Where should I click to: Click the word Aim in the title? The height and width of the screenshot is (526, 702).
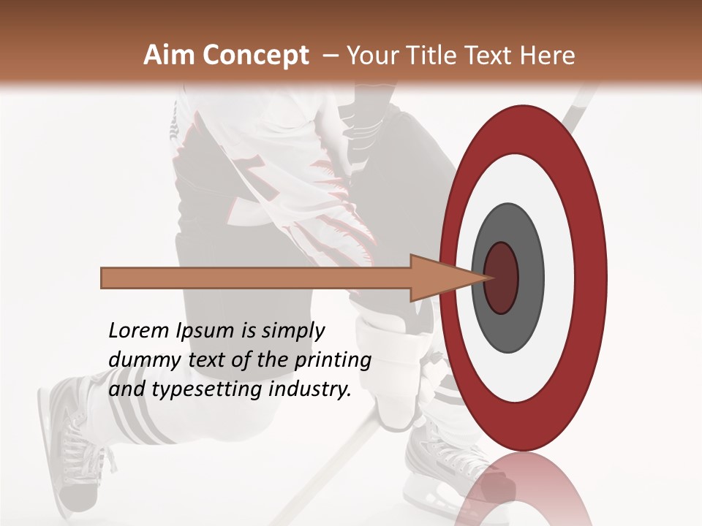pos(170,56)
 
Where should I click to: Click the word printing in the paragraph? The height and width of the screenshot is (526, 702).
pos(333,360)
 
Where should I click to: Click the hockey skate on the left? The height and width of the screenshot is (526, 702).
pos(69,446)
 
